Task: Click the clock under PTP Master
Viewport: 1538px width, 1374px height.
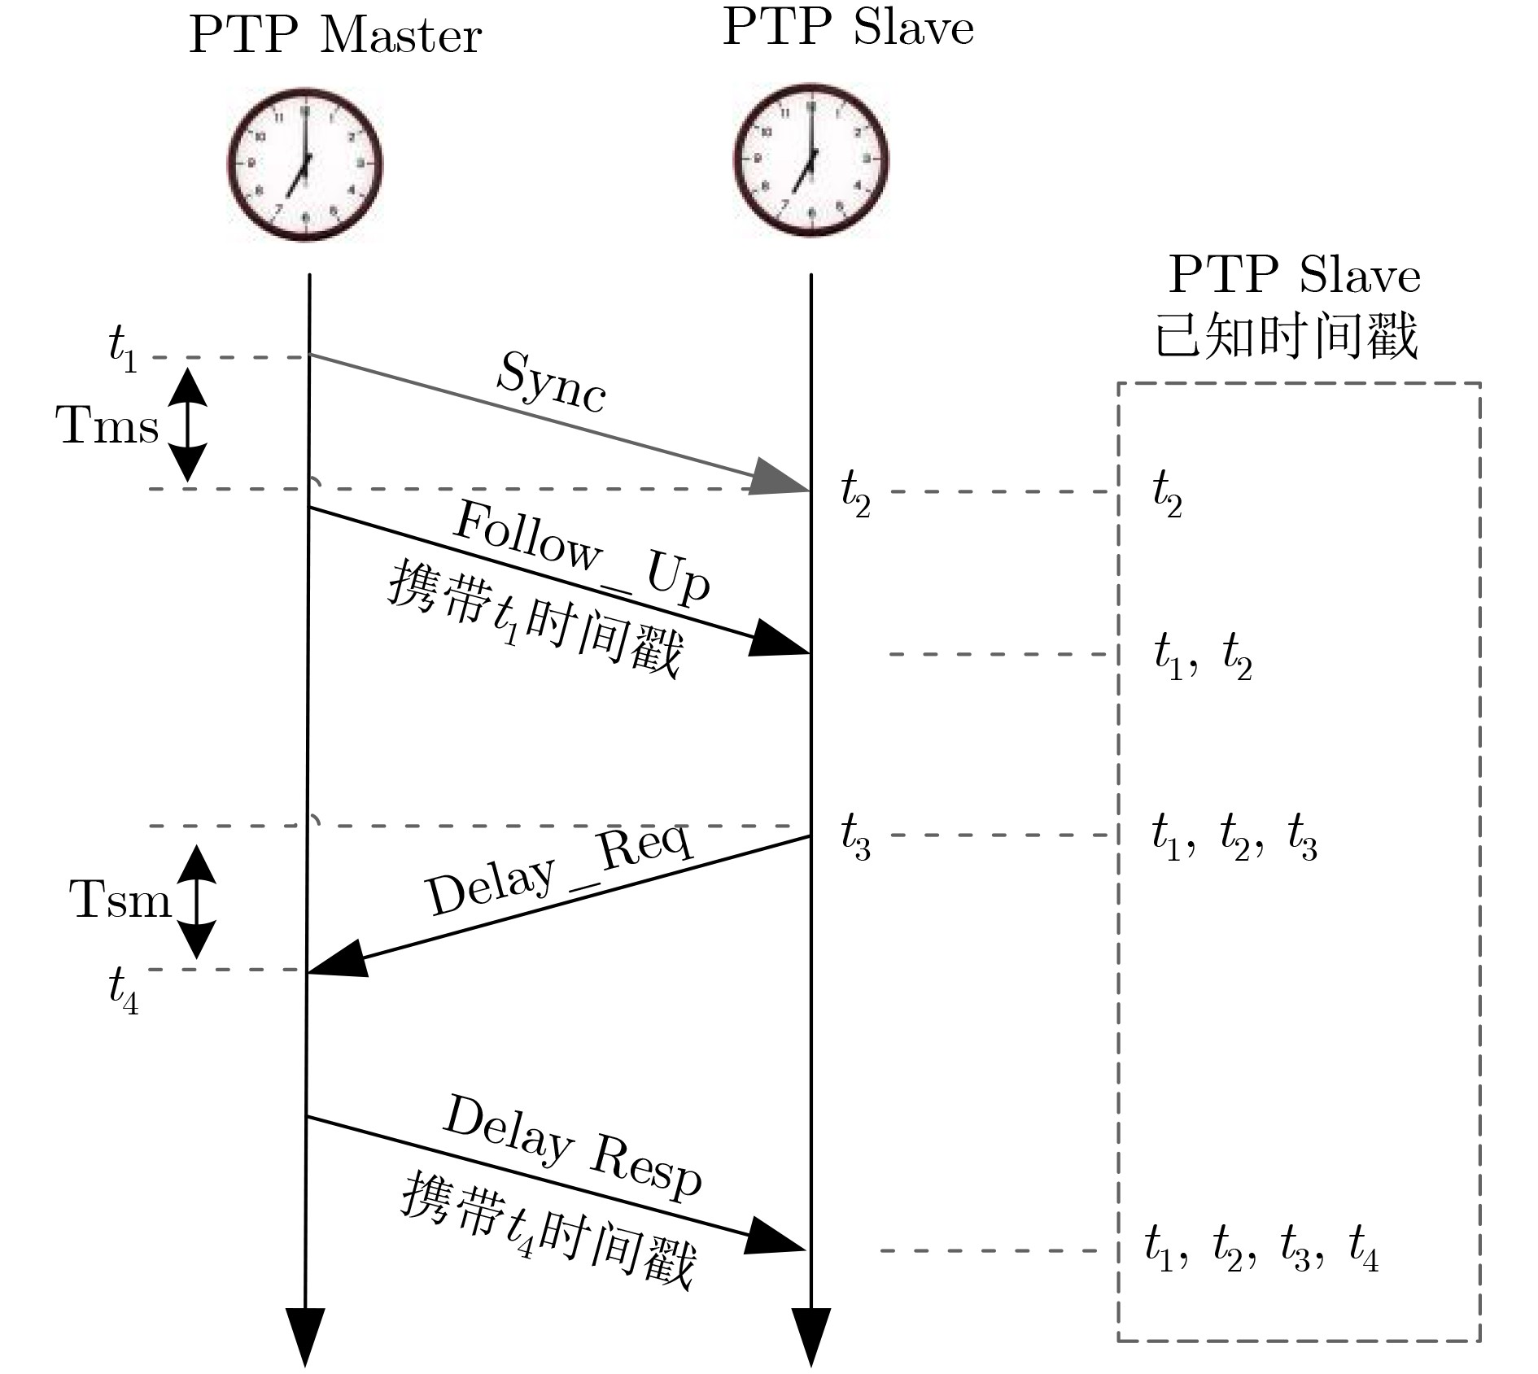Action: pos(304,164)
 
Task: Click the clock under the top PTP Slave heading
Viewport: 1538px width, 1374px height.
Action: pos(811,159)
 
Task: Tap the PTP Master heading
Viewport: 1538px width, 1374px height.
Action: pos(335,36)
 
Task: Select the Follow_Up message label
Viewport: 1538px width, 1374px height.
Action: pos(581,553)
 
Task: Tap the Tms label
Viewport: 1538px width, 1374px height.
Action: pos(107,425)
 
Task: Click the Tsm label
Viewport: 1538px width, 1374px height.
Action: pos(120,900)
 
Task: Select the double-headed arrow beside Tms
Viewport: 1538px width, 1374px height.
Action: pos(187,424)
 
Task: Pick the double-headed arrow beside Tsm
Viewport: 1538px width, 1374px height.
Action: pos(196,901)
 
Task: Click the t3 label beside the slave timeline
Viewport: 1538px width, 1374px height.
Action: pos(855,835)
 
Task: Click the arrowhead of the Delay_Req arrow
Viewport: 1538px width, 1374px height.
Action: pos(337,959)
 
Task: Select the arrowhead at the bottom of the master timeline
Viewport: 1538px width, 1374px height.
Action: pos(305,1337)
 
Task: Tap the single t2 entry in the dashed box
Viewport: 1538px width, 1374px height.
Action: pos(1167,494)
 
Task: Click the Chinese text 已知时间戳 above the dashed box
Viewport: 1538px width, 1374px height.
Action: pos(1287,335)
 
